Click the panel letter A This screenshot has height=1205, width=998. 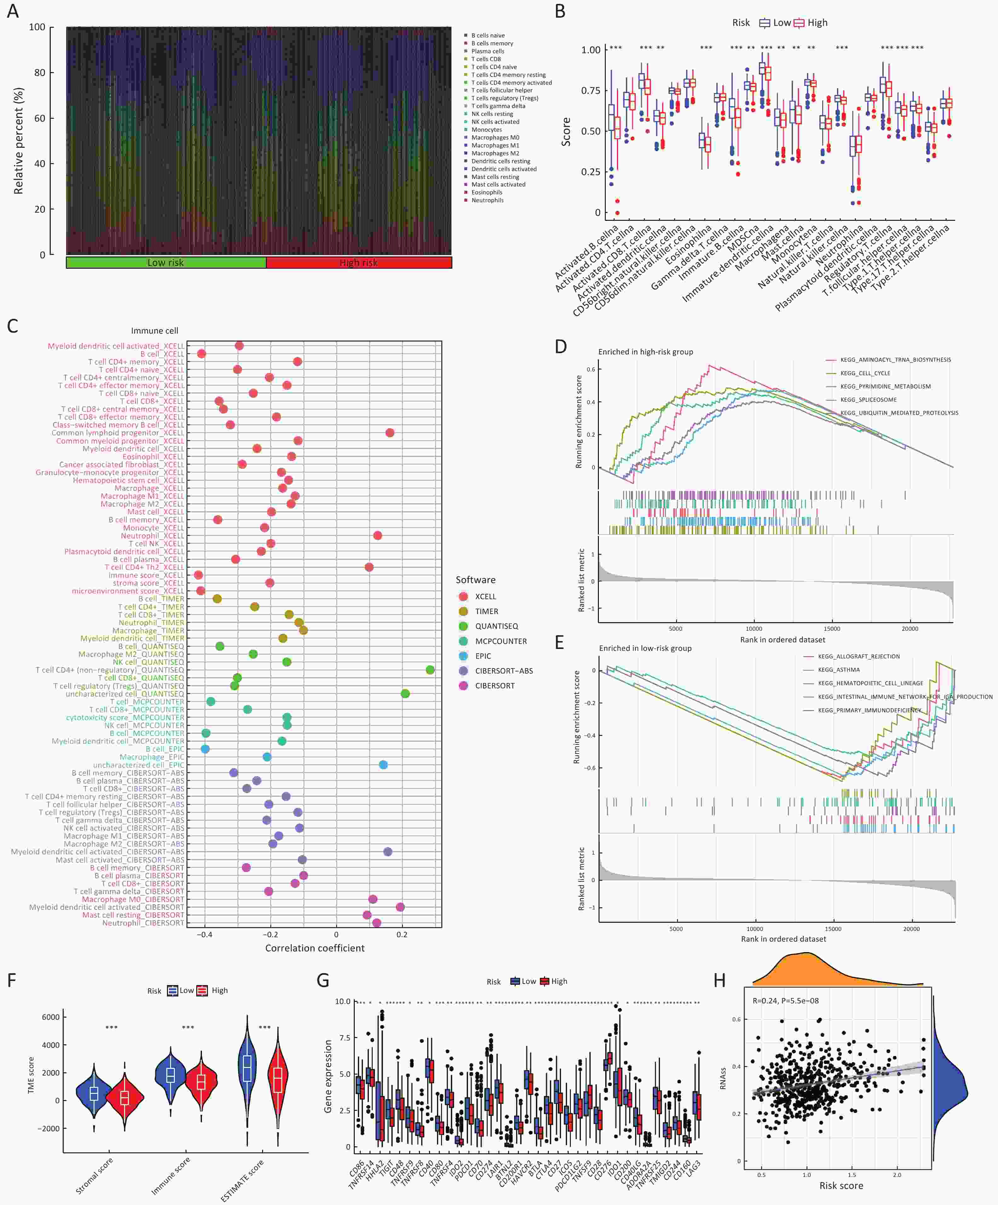point(13,11)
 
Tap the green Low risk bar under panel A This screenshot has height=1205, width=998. point(166,262)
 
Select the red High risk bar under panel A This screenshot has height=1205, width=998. point(359,262)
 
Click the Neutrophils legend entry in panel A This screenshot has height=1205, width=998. point(487,200)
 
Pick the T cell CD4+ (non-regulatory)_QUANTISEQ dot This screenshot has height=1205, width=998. point(430,670)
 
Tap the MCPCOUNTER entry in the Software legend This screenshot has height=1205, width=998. point(501,641)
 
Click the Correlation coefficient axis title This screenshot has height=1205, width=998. point(314,948)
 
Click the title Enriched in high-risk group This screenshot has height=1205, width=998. point(645,352)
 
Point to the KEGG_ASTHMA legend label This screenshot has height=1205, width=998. point(839,670)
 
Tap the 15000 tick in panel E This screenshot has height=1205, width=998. point(833,929)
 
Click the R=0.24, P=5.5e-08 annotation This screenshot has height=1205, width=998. point(785,1001)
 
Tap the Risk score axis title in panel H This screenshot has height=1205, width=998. point(841,1185)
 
